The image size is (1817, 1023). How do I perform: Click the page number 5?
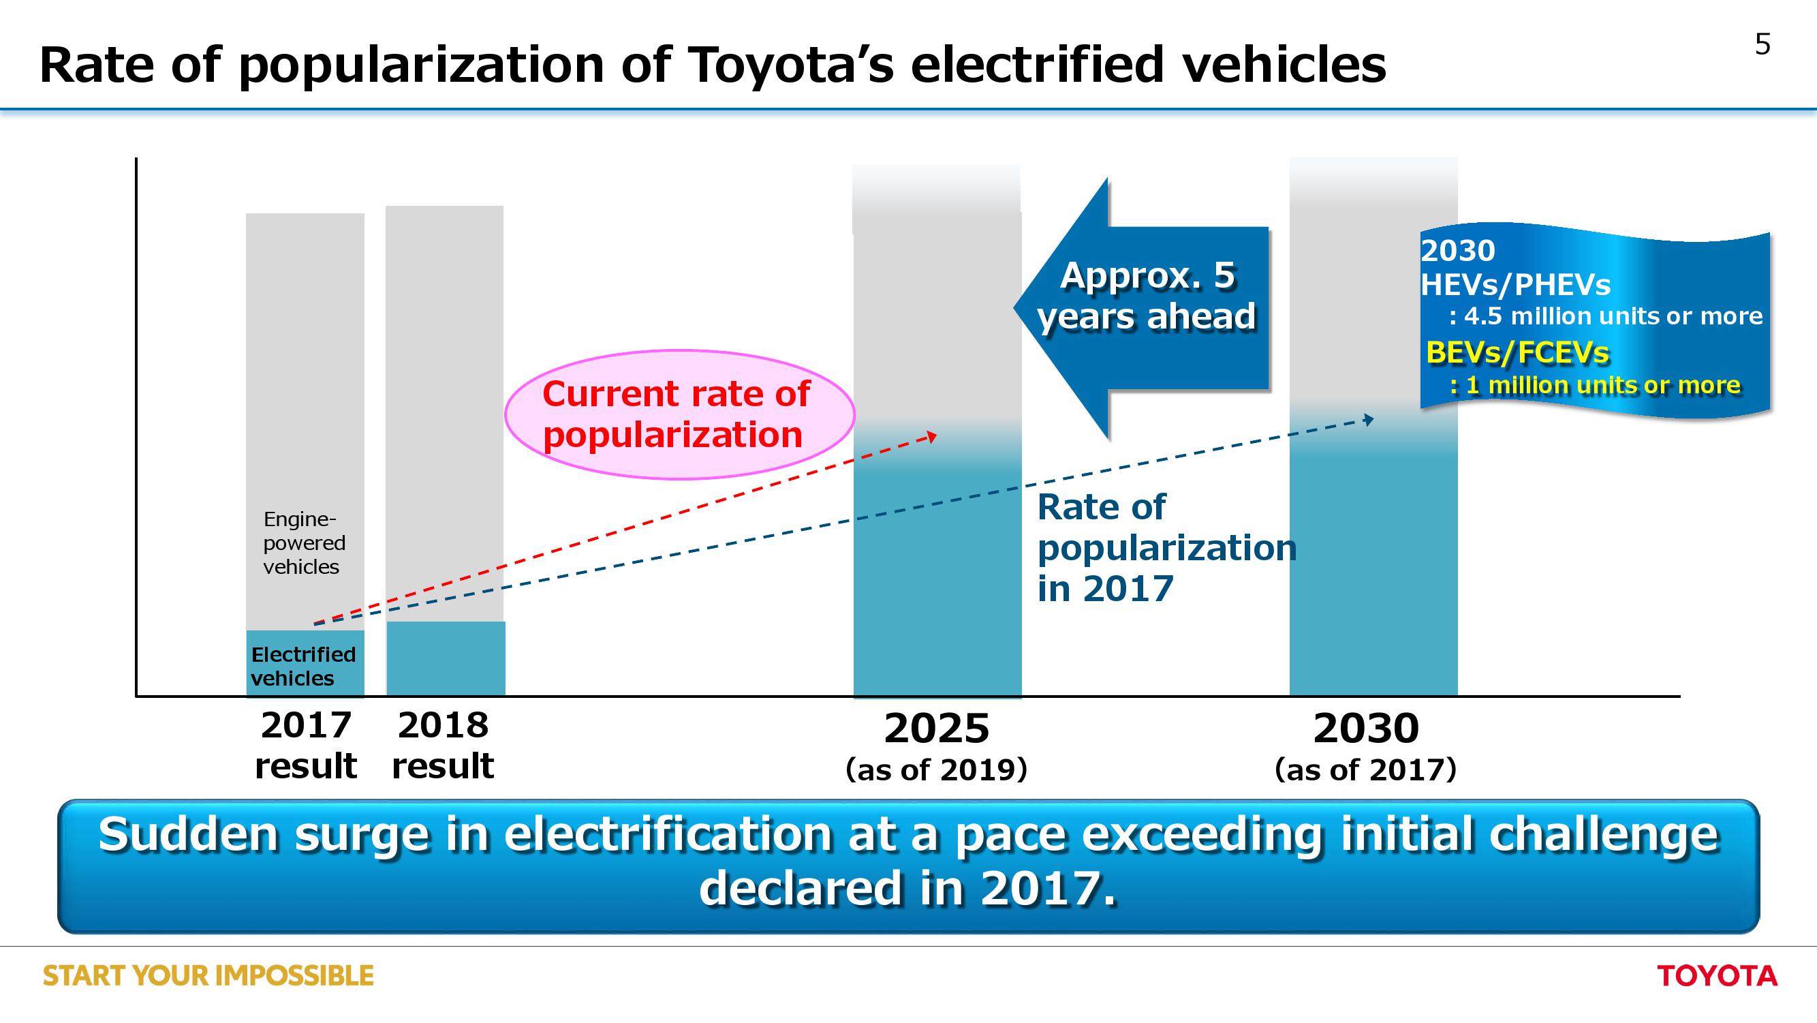pyautogui.click(x=1762, y=44)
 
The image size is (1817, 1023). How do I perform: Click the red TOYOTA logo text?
pyautogui.click(x=1716, y=976)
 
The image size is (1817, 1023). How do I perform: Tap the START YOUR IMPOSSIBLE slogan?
pyautogui.click(x=208, y=976)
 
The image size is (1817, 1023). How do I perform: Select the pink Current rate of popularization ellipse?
pyautogui.click(x=679, y=414)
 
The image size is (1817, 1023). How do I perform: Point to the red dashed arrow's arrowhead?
pyautogui.click(x=933, y=437)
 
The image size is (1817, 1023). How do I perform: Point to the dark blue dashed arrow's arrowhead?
pyautogui.click(x=1369, y=420)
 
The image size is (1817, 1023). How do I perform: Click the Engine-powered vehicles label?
pyautogui.click(x=303, y=543)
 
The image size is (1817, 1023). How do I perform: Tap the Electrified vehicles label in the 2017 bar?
pyautogui.click(x=303, y=666)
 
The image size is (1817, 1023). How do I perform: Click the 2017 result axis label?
pyautogui.click(x=305, y=745)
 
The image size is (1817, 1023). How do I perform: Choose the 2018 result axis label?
pyautogui.click(x=443, y=745)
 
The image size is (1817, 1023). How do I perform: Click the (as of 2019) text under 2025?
pyautogui.click(x=936, y=769)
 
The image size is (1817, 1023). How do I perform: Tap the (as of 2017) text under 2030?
pyautogui.click(x=1365, y=769)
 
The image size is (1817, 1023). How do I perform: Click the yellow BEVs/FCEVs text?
pyautogui.click(x=1517, y=352)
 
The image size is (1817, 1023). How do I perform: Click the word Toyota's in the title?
pyautogui.click(x=790, y=65)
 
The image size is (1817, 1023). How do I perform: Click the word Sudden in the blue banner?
pyautogui.click(x=188, y=835)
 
